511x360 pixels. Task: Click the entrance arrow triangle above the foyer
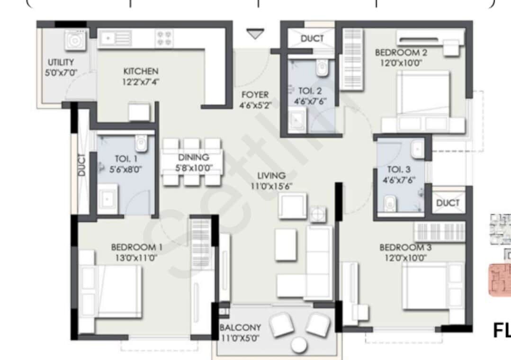point(255,35)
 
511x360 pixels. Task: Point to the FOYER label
point(255,94)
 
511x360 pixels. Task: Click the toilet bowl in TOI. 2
point(322,69)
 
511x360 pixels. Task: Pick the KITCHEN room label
point(141,72)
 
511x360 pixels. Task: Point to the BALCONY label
point(240,328)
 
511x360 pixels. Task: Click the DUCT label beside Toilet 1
point(82,165)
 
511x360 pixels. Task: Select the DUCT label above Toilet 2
point(312,38)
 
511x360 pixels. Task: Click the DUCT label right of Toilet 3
point(448,203)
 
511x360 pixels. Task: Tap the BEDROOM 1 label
point(137,247)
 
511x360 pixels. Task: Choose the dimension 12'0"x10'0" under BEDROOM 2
point(398,63)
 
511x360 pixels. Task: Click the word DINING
point(193,157)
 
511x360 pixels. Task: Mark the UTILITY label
point(61,62)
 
